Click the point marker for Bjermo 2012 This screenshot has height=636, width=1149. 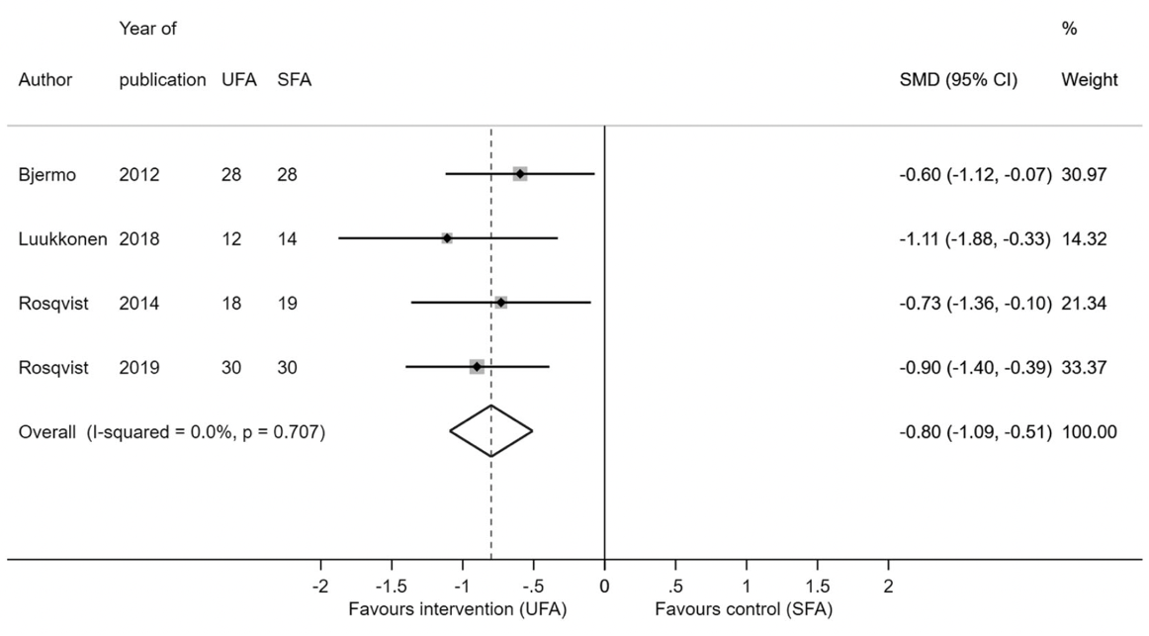(x=520, y=174)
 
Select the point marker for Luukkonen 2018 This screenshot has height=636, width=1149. (x=447, y=238)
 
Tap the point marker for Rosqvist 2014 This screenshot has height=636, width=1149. (x=501, y=302)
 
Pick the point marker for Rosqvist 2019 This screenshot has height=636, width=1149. (x=477, y=367)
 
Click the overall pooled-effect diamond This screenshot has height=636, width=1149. (x=491, y=431)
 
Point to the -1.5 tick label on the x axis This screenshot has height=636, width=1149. (x=392, y=586)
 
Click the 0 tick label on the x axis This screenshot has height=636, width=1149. (x=604, y=586)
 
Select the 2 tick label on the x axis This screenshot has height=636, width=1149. (x=888, y=586)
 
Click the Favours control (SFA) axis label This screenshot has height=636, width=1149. (x=744, y=606)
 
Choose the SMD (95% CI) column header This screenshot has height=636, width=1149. (x=958, y=80)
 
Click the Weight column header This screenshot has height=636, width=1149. (x=1090, y=80)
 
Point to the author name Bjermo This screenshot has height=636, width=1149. (x=44, y=175)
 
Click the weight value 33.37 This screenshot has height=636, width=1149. (x=1084, y=368)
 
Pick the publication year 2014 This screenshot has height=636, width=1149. (x=139, y=303)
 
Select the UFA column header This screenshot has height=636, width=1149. (x=239, y=80)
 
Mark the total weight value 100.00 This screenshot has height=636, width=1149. (x=1089, y=432)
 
